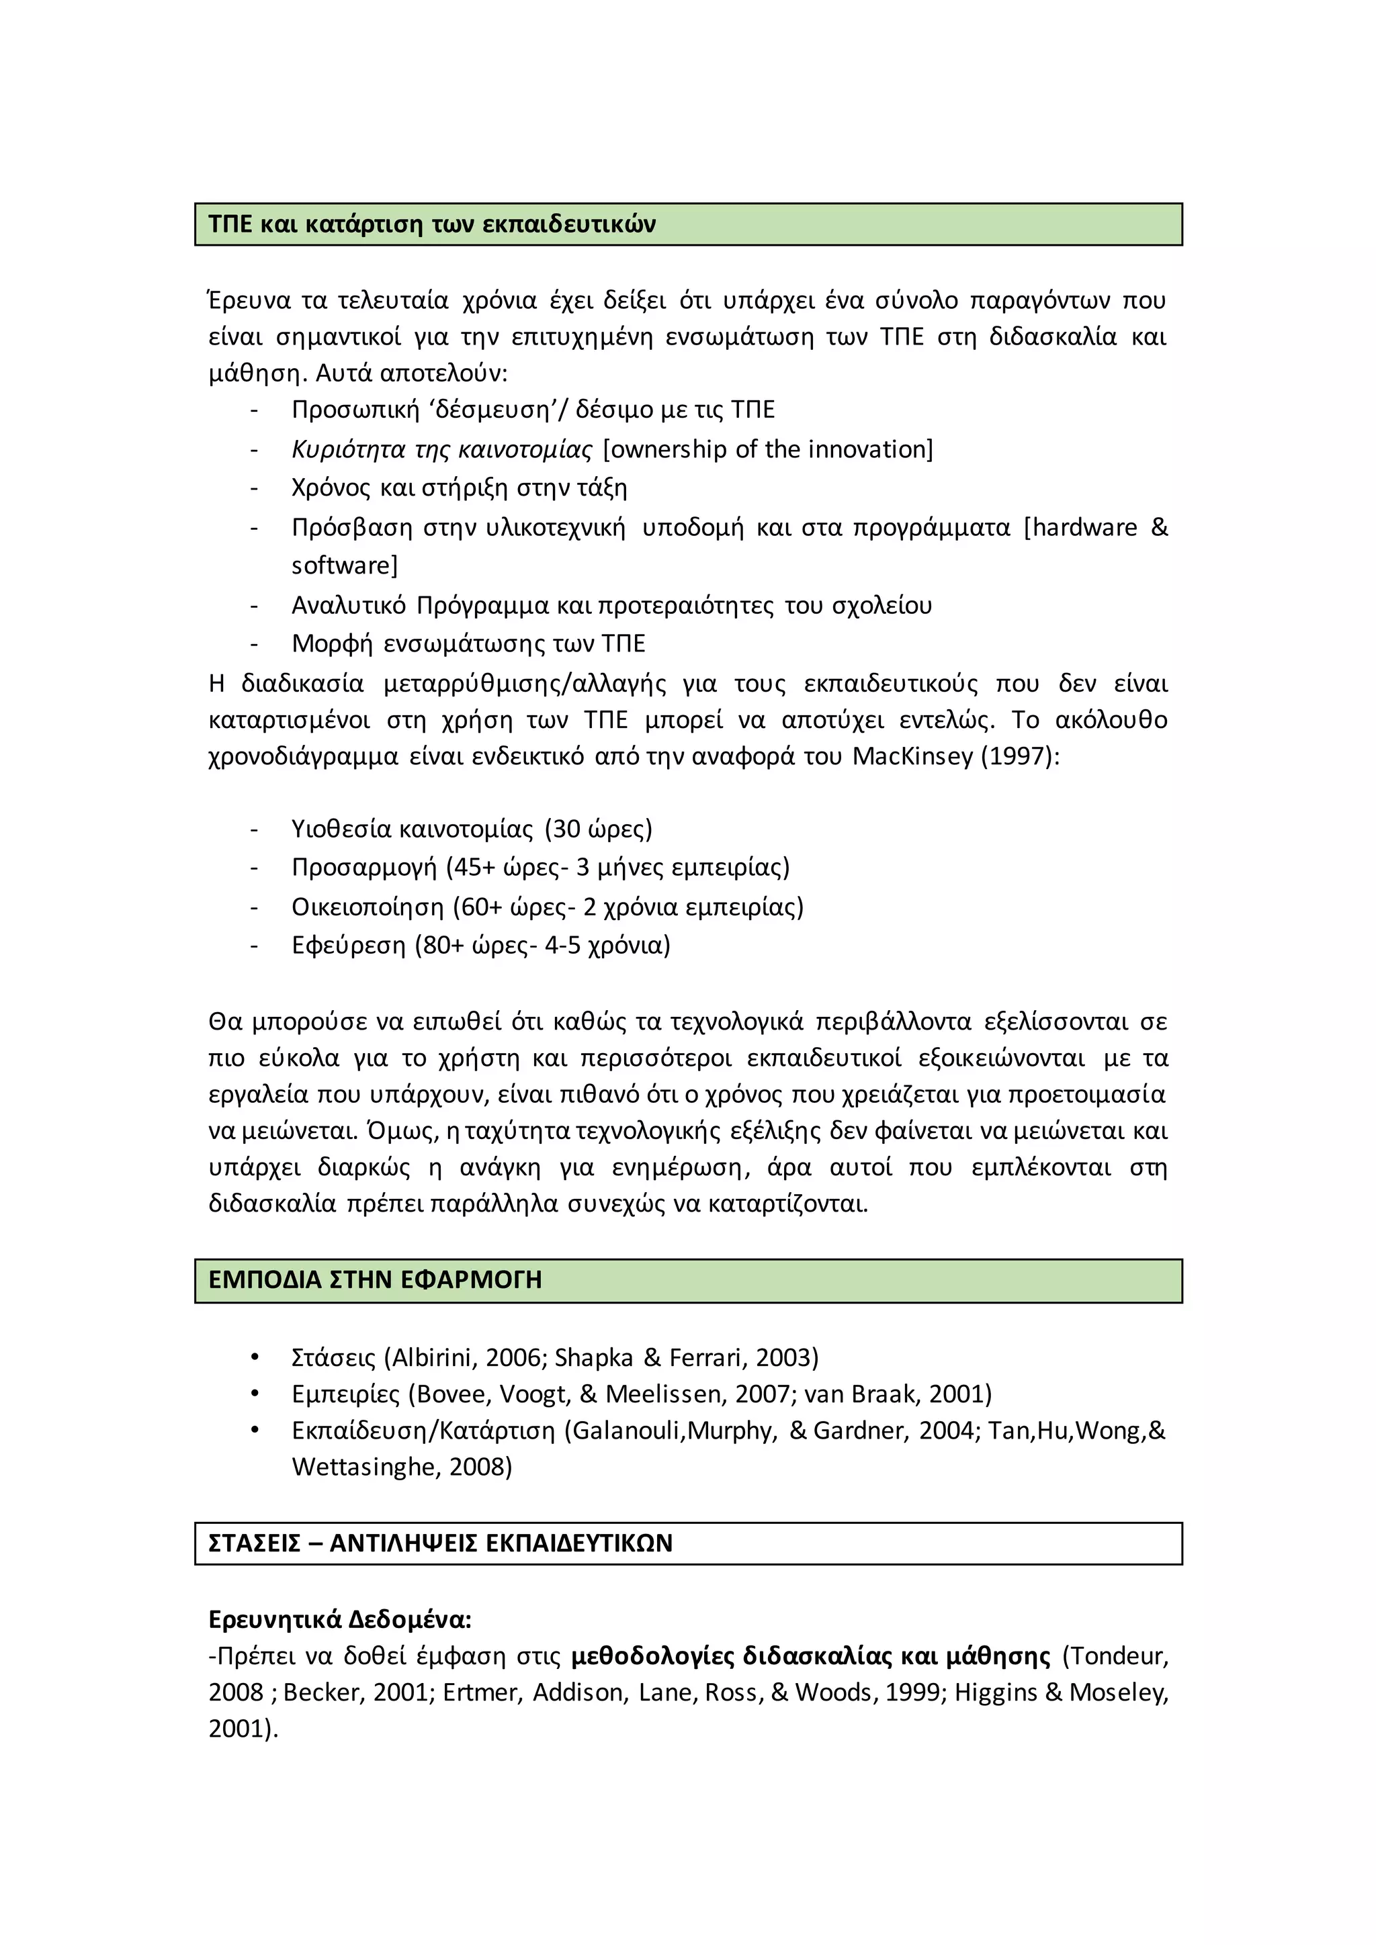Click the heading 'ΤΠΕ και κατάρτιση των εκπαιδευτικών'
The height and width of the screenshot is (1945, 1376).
(432, 224)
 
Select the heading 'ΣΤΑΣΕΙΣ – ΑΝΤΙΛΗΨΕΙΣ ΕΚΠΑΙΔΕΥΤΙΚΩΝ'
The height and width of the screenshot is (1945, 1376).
(440, 1543)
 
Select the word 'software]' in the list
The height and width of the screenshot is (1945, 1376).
(344, 565)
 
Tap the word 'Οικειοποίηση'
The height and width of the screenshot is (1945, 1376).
(368, 907)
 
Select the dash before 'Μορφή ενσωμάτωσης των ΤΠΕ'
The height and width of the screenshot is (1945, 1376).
(254, 644)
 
